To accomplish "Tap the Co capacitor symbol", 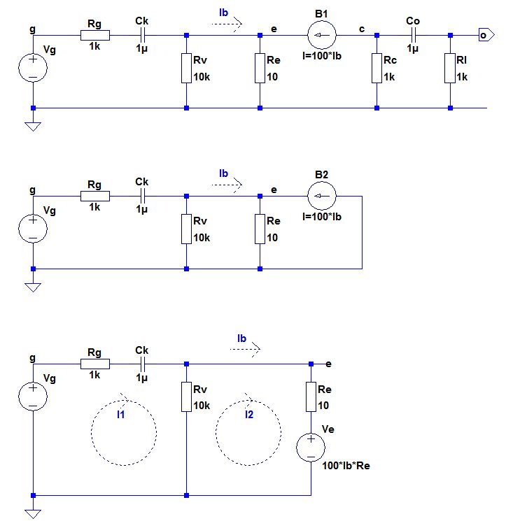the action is click(x=413, y=35).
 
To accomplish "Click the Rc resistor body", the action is click(x=377, y=68).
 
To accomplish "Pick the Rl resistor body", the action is click(x=450, y=68).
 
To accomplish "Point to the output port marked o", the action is click(x=486, y=35).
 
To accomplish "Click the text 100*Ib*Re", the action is click(x=346, y=466).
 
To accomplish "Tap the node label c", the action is click(x=362, y=29).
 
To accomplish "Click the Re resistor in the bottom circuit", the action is click(x=311, y=397).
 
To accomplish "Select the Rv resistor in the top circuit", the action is click(x=186, y=68).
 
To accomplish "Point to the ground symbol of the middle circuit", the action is click(x=33, y=287).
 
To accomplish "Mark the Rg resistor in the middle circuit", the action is click(x=95, y=196).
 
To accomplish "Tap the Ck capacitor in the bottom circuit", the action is click(x=142, y=364).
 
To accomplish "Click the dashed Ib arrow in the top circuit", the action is click(x=227, y=24).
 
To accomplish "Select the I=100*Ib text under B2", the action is click(x=322, y=217).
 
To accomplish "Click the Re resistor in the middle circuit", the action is click(x=260, y=229).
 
